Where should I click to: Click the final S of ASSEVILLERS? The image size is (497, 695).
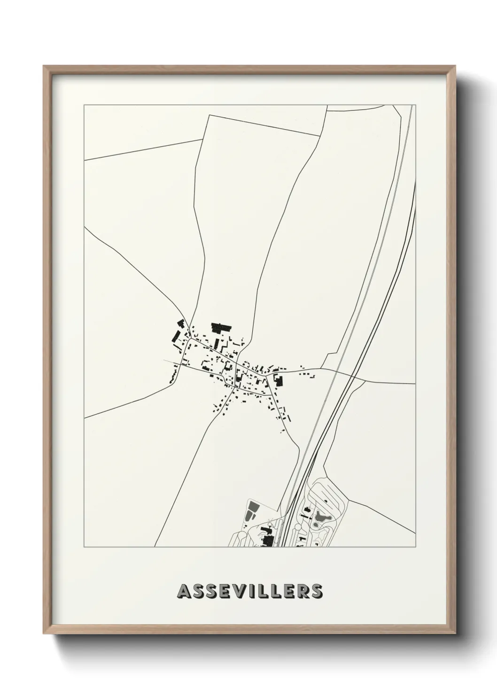pyautogui.click(x=317, y=591)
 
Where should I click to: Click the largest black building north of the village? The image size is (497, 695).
pyautogui.click(x=219, y=327)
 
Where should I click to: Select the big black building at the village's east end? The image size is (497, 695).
pyautogui.click(x=278, y=379)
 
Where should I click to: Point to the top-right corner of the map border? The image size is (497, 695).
pyautogui.click(x=416, y=105)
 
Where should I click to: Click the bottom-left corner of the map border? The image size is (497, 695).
pyautogui.click(x=84, y=547)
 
